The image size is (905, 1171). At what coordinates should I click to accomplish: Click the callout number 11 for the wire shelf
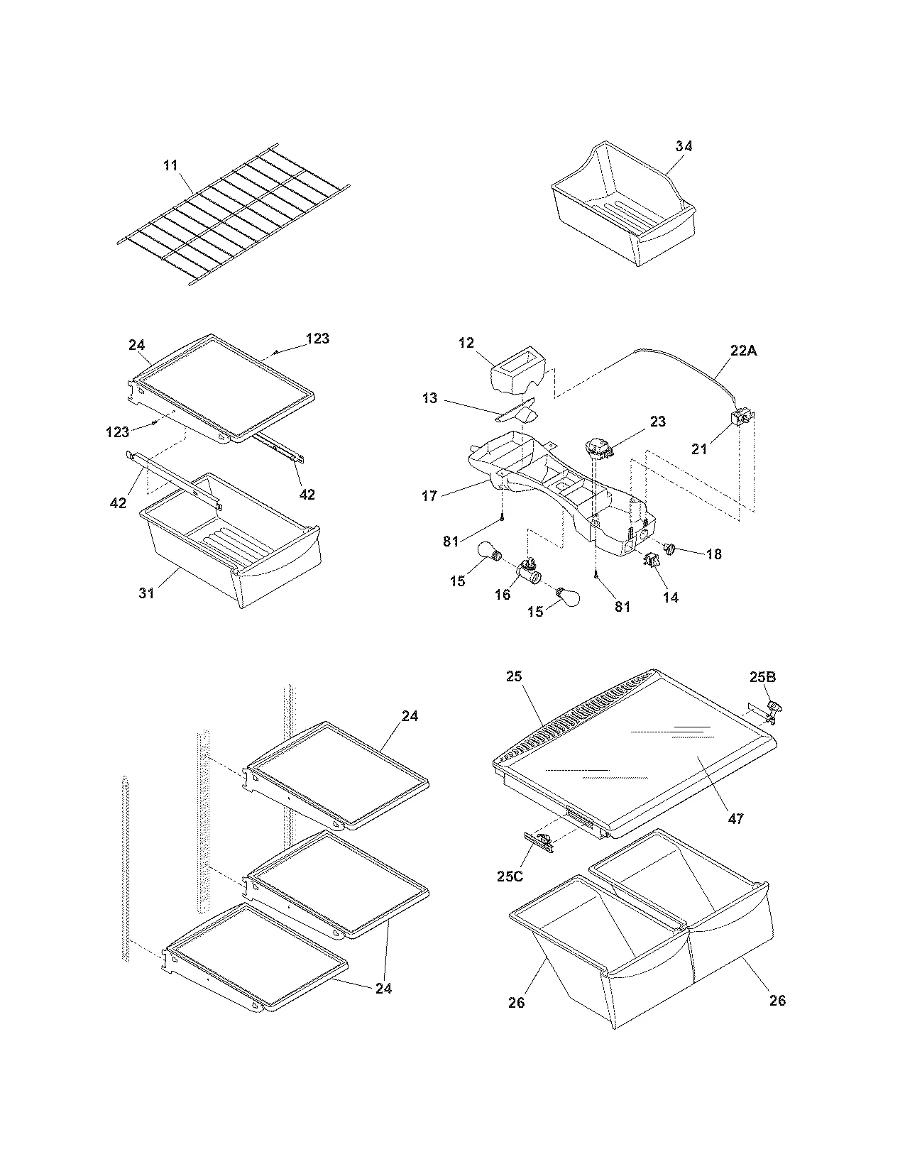point(170,166)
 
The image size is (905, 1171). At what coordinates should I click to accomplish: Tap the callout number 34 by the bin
point(684,146)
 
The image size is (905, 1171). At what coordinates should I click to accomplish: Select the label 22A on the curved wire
point(744,349)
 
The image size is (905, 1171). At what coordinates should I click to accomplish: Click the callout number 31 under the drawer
point(146,593)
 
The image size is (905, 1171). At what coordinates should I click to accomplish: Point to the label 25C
point(509,876)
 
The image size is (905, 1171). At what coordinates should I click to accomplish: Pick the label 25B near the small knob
point(762,677)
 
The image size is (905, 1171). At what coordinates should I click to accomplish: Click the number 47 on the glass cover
point(736,818)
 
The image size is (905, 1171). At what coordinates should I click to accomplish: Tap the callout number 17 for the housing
point(429,496)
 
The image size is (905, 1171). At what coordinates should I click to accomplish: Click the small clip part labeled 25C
point(539,842)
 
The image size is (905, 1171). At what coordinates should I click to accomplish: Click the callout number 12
point(466,343)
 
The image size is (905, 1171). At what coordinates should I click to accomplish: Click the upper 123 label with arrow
point(317,339)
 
